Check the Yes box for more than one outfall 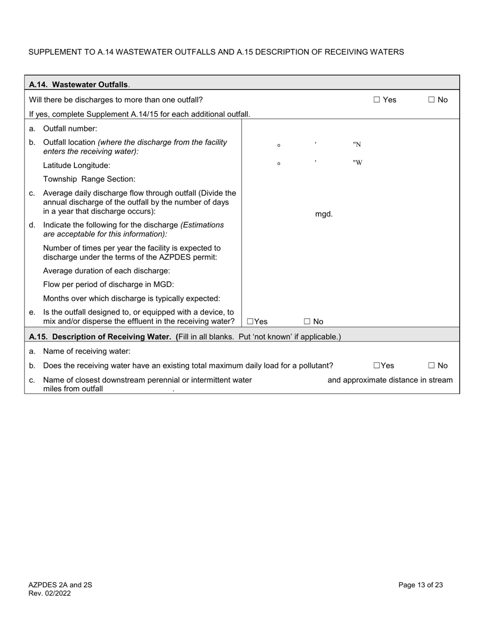click(x=377, y=100)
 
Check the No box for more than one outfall click(x=432, y=100)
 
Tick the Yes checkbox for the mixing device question click(x=250, y=322)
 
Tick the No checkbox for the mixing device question click(x=307, y=322)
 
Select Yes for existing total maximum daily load click(x=377, y=365)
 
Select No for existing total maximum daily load click(x=432, y=365)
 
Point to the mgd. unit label click(x=324, y=214)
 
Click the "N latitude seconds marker click(x=357, y=145)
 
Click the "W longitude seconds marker click(x=357, y=163)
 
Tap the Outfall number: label click(x=70, y=129)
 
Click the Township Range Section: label click(x=89, y=179)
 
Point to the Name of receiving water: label click(x=87, y=351)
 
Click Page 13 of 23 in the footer click(x=420, y=585)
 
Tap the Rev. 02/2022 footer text click(x=49, y=593)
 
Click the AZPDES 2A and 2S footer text click(x=60, y=585)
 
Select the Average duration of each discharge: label click(x=106, y=270)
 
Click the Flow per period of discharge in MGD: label click(x=109, y=284)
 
